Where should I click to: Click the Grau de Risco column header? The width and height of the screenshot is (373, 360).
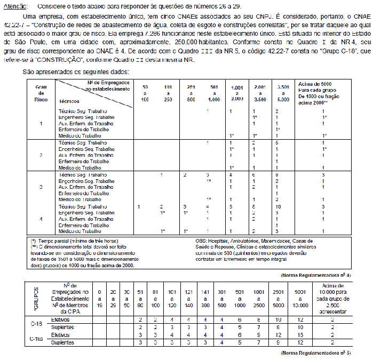pyautogui.click(x=41, y=92)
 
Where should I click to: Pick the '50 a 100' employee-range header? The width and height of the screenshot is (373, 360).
pyautogui.click(x=145, y=92)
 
